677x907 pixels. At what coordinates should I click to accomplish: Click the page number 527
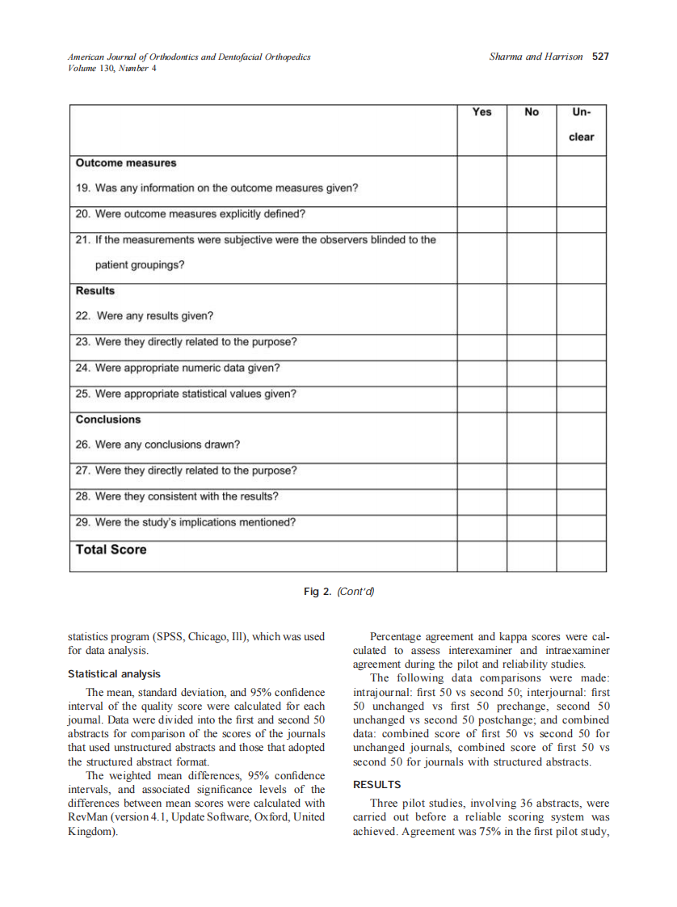tap(600, 57)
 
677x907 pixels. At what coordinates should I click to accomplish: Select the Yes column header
tap(481, 112)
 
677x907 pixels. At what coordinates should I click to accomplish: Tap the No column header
tap(531, 112)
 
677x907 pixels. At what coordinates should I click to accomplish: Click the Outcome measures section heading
tap(125, 163)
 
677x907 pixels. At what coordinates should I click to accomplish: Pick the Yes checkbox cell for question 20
tap(481, 220)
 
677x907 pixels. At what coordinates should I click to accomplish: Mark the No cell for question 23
tap(531, 348)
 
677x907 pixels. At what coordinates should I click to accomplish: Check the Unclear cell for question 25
tap(581, 399)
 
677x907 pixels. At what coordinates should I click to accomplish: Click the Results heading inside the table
tap(95, 291)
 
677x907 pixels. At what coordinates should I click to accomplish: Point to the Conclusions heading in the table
tap(108, 420)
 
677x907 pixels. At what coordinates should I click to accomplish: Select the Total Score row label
tap(111, 550)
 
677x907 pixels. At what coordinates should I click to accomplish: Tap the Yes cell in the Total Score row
tap(481, 556)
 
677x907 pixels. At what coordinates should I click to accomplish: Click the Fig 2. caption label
tap(317, 592)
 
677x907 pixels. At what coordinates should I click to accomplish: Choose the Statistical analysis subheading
tap(114, 673)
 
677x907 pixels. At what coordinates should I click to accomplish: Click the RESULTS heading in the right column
tap(376, 785)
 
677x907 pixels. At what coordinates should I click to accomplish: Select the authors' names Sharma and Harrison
tap(536, 57)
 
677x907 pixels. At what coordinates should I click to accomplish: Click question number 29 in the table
tap(82, 522)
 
